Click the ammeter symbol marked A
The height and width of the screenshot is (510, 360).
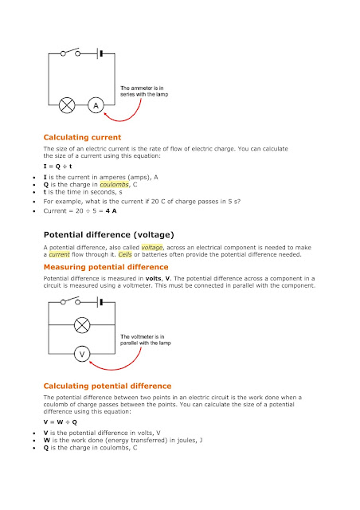click(96, 104)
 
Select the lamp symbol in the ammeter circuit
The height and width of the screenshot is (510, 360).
click(68, 104)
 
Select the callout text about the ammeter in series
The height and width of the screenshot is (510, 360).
click(147, 91)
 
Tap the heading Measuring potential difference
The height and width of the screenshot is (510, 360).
click(105, 266)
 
